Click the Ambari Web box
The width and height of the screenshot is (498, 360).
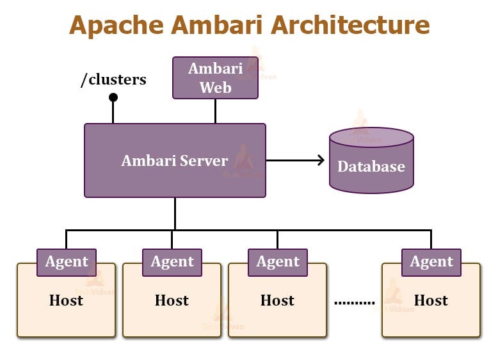click(215, 78)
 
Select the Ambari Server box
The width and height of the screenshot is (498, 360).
click(175, 160)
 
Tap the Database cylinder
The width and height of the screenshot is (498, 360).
click(372, 160)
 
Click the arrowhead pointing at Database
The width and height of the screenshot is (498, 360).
click(321, 160)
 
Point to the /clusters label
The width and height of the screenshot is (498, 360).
click(114, 79)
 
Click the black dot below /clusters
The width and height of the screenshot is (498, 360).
click(113, 97)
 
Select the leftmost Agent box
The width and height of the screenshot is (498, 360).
click(67, 263)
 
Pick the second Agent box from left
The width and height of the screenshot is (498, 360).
click(172, 263)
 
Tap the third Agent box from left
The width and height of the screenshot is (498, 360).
click(278, 263)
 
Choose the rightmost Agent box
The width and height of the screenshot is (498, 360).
click(431, 263)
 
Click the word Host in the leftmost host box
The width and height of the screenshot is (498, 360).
click(66, 300)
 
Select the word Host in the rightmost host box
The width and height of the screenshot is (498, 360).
click(431, 300)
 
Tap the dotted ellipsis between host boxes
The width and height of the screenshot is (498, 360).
click(355, 303)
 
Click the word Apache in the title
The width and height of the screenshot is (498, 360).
click(116, 26)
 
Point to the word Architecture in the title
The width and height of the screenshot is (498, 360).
click(350, 25)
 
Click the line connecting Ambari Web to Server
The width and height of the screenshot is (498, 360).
click(215, 111)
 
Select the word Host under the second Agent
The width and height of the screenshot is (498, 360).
click(172, 300)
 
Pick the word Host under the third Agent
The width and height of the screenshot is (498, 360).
click(277, 300)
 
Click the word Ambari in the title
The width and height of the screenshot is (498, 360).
click(217, 25)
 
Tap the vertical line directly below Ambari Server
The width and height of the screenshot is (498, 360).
click(175, 213)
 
